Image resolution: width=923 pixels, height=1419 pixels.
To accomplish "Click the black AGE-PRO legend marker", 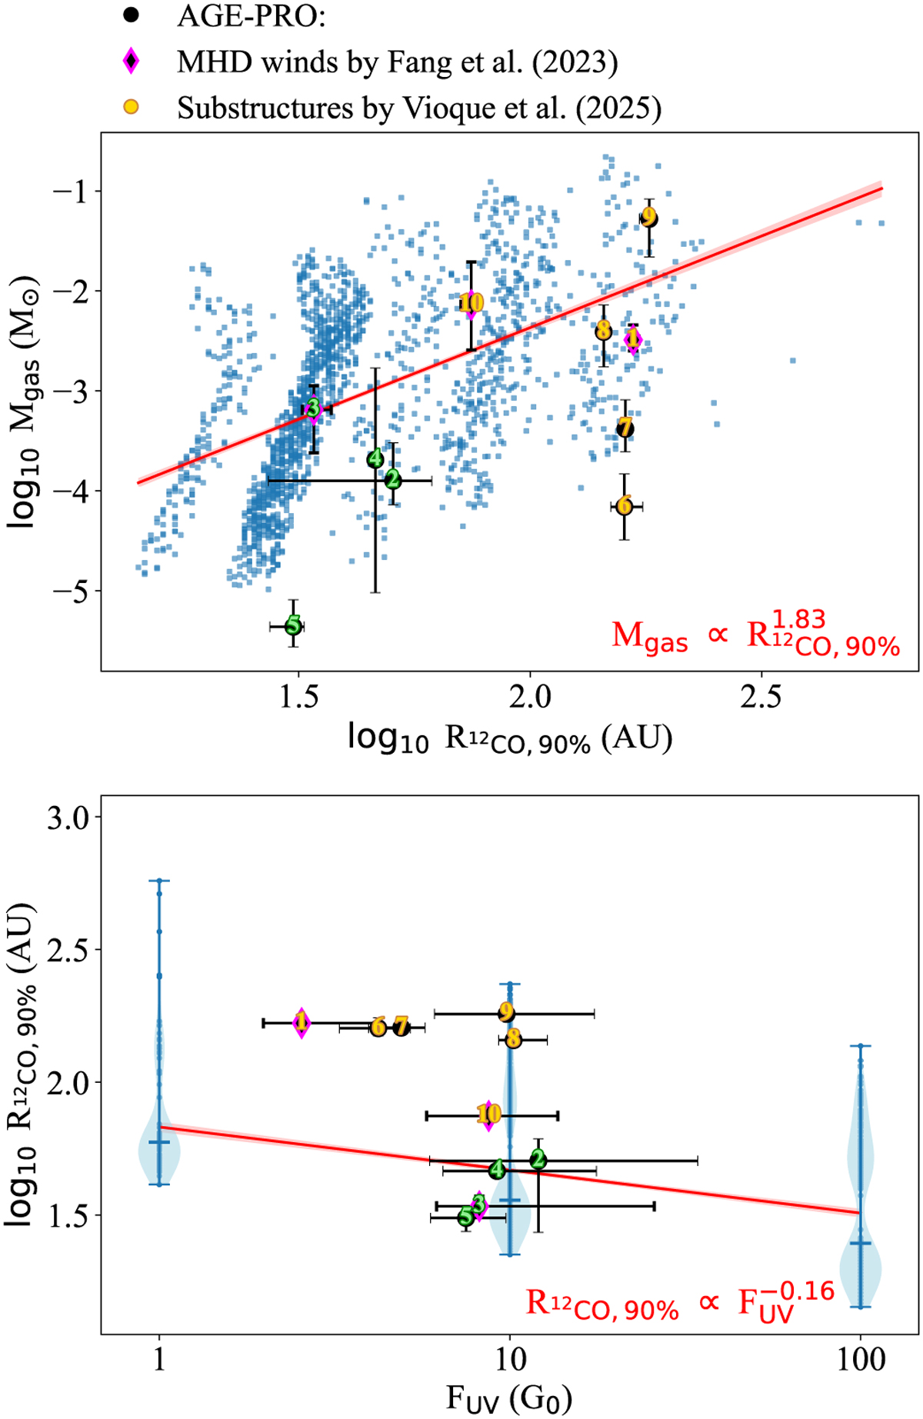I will click(x=132, y=15).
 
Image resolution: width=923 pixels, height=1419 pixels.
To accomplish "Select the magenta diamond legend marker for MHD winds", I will click(x=132, y=61).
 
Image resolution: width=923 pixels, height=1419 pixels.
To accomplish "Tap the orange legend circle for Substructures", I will click(x=132, y=107).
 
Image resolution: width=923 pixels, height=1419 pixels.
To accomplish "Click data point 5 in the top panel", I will click(x=293, y=626).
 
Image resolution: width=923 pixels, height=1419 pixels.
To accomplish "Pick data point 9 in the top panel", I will click(x=648, y=218).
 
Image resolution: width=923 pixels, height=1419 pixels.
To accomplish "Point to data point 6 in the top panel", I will click(x=624, y=506).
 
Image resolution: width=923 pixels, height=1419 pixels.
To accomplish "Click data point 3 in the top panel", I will click(x=313, y=408).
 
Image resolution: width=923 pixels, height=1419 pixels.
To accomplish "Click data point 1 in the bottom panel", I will click(x=302, y=1023).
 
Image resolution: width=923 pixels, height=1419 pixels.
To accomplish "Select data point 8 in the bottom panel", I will click(x=513, y=1040).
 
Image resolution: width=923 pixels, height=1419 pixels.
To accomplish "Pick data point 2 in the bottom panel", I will click(x=538, y=1159).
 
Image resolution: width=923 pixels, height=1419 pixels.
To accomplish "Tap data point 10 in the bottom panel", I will click(x=488, y=1114).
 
